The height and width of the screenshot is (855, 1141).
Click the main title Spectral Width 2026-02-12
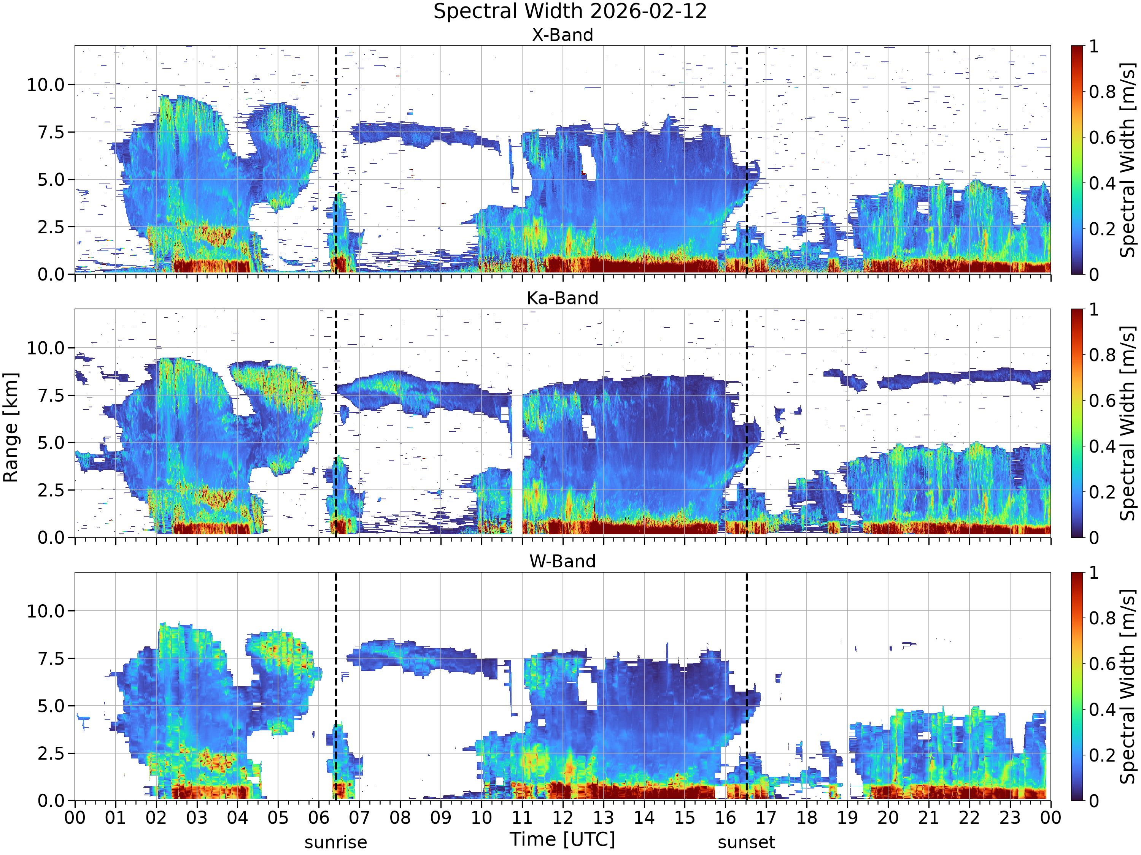570,11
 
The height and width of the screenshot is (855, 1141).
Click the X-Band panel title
563,35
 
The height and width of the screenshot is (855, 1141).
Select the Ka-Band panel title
563,298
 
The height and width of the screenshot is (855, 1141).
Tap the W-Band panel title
563,561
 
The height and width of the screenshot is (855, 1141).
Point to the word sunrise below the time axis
336,842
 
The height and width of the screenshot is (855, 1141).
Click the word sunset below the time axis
746,842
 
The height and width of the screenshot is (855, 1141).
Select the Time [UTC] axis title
563,839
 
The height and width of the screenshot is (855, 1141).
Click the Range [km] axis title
10,428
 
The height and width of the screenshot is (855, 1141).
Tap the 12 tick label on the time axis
563,818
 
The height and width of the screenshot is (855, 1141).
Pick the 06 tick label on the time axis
319,818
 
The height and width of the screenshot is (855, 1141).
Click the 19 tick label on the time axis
847,818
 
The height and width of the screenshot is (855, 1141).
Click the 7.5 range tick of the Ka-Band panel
52,396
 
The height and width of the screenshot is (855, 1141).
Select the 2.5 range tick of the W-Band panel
52,754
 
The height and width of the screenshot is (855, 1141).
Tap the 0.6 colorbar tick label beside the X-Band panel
1102,138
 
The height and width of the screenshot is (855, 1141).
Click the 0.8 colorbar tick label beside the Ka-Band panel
1102,355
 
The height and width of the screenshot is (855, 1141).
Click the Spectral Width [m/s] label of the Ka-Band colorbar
1128,423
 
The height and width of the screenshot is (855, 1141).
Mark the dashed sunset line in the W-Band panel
746,687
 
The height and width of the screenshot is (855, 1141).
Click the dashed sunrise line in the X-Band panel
336,160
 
